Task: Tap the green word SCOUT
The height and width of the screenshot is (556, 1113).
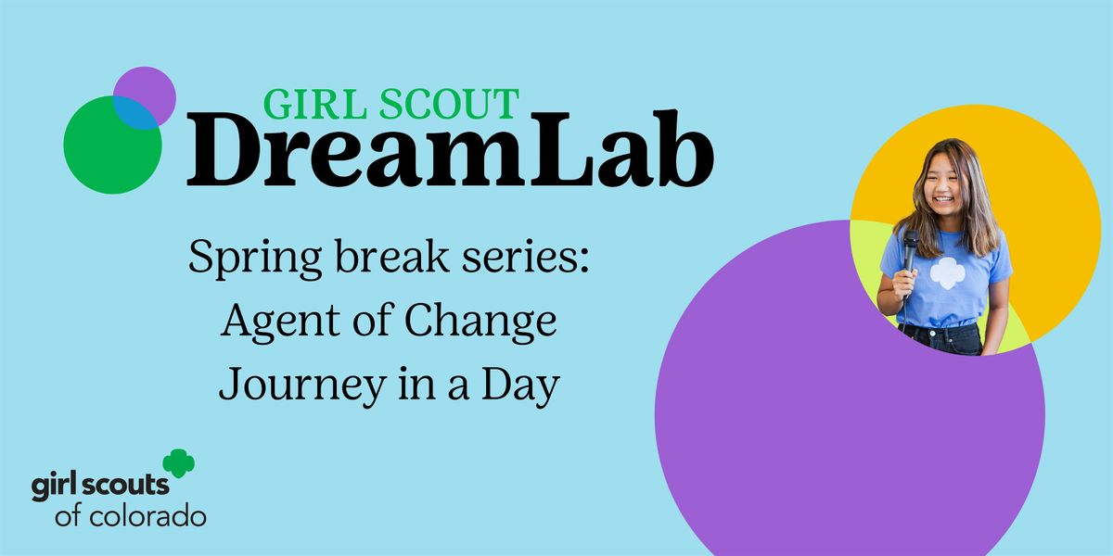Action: pos(449,104)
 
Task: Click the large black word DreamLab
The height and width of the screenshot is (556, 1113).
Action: pos(450,149)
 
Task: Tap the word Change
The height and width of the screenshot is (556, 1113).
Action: pos(480,322)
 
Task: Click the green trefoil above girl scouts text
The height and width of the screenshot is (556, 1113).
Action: pos(179,463)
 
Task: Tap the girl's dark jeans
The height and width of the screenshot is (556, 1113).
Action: pos(941,338)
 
